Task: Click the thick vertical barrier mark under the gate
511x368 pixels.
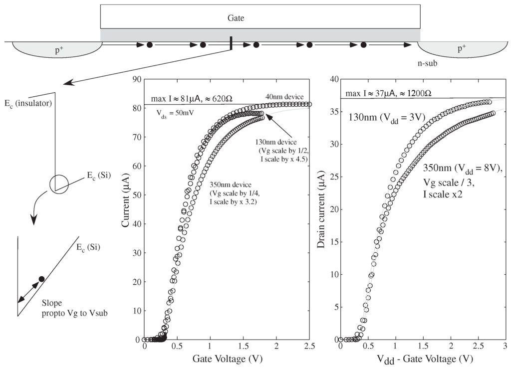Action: pos(231,43)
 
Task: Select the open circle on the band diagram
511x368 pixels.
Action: pos(58,184)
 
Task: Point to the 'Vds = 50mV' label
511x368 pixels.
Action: pos(175,113)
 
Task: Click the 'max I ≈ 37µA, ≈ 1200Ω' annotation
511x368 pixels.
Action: pos(389,94)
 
